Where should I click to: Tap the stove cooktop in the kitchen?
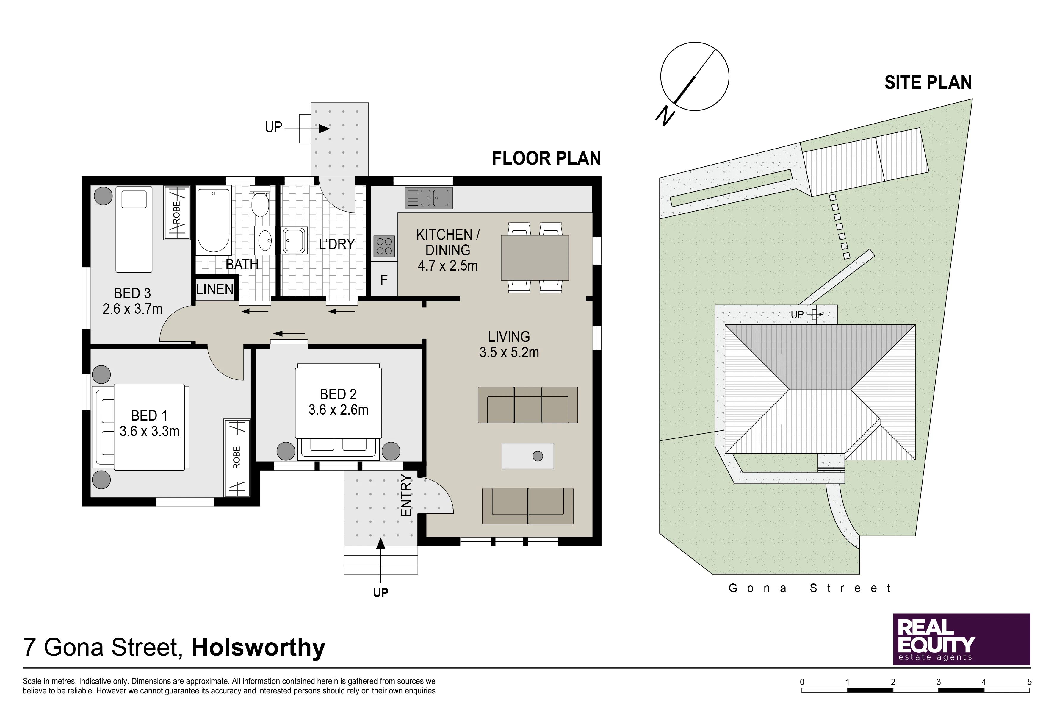point(384,246)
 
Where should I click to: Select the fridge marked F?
point(384,280)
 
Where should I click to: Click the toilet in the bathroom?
point(260,203)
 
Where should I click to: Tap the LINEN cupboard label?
point(215,289)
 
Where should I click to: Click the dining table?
point(535,258)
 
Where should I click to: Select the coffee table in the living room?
point(528,456)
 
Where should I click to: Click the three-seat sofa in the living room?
point(528,405)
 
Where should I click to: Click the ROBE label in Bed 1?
point(237,457)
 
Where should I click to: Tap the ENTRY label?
point(405,496)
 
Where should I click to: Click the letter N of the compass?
point(665,116)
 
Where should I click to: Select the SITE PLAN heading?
point(928,82)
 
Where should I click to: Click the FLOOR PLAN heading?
point(546,158)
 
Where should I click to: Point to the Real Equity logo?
point(962,639)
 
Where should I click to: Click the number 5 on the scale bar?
point(1029,682)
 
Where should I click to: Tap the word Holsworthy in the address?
point(259,648)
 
